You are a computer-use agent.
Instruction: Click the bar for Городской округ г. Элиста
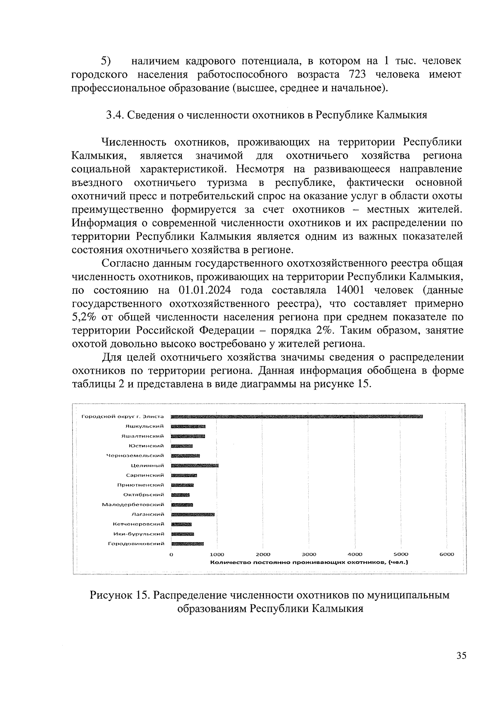tap(297, 416)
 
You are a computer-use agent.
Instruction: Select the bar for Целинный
tap(195, 465)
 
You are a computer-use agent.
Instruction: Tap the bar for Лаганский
tap(193, 514)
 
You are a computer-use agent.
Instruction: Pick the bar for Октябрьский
tap(180, 495)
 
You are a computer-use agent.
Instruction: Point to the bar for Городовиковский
tap(187, 543)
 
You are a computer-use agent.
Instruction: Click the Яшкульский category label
tap(145, 426)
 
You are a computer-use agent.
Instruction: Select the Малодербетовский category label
tap(133, 504)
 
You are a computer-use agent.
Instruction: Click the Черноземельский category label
tap(135, 456)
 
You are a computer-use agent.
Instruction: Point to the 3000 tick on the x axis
tap(309, 554)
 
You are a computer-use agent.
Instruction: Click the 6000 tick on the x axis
tap(447, 554)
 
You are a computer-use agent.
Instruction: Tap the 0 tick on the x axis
tap(171, 554)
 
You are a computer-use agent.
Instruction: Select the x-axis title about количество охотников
tap(309, 563)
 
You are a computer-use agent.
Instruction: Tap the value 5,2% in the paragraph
tap(85, 317)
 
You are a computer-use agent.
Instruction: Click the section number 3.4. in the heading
tap(113, 115)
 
